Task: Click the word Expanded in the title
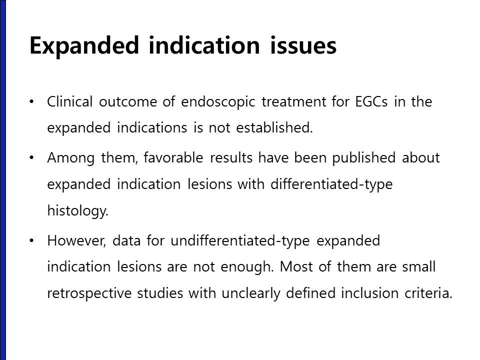point(84,45)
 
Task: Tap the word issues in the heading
point(303,45)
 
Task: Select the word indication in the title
point(204,45)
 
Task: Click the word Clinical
point(70,101)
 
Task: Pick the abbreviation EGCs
point(371,102)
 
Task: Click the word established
point(274,127)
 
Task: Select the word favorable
point(173,158)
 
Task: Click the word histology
point(78,211)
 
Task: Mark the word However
point(76,241)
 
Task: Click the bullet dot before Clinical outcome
point(31,101)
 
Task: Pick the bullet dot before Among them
point(31,157)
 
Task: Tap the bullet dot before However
point(31,240)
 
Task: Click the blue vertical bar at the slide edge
point(3,180)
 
